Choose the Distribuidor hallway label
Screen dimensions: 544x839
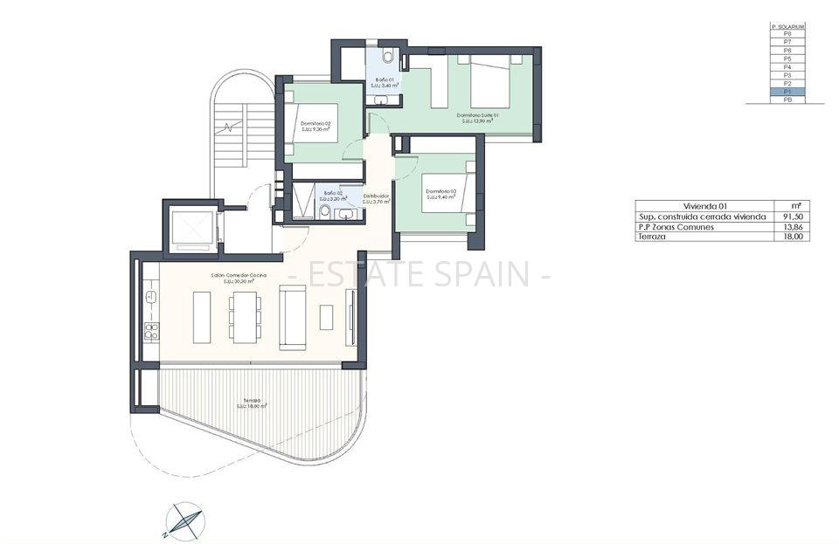pos(376,198)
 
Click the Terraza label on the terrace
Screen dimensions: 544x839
pos(252,403)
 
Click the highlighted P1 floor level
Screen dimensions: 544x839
pos(787,92)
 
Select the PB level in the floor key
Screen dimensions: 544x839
pos(787,100)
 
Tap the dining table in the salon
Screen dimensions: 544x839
pos(244,316)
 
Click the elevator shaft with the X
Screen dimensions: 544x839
pos(192,230)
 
